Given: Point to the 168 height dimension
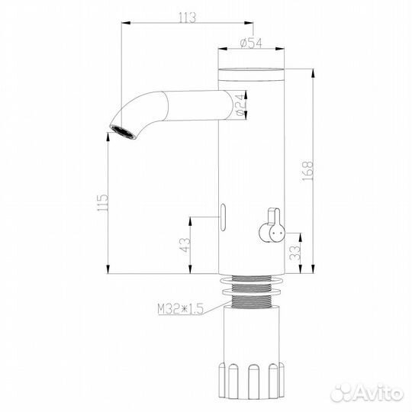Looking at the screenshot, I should tap(307, 169).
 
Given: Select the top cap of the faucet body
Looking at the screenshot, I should tap(252, 73).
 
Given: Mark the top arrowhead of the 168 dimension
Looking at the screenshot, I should tap(313, 73).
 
